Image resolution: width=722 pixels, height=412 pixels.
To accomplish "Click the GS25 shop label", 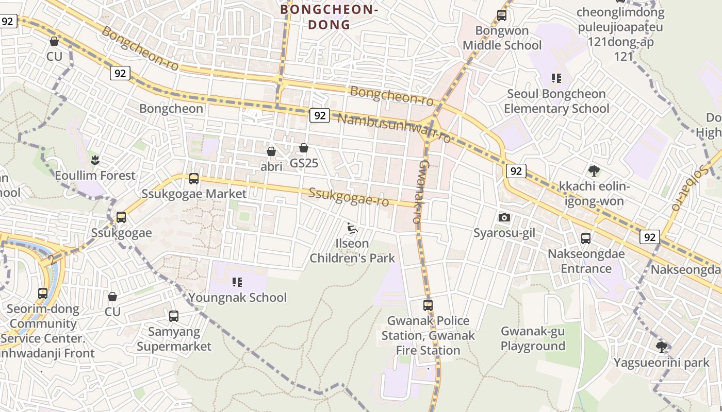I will click(304, 163).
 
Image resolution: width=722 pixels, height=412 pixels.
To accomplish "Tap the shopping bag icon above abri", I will click(271, 151).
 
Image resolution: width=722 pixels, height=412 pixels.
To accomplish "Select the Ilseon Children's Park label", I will click(352, 251).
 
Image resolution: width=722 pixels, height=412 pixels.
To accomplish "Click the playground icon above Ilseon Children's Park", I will click(353, 228).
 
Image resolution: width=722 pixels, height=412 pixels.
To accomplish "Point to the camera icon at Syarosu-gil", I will click(504, 218).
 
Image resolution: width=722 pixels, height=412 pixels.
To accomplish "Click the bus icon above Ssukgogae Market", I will click(194, 179).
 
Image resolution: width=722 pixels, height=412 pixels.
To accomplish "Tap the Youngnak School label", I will click(237, 298).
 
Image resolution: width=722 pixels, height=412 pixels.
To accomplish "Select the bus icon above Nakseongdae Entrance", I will click(586, 238).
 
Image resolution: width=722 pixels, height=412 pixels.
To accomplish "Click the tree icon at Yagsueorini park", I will click(661, 347).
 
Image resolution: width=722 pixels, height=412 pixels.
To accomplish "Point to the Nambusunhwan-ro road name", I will click(394, 128).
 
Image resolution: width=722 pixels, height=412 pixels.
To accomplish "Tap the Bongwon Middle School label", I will click(502, 38).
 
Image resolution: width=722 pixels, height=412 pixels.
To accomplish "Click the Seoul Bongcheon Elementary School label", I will click(556, 101).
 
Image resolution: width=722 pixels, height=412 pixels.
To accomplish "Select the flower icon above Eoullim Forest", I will click(95, 160).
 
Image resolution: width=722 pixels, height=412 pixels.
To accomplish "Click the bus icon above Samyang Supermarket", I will click(174, 316).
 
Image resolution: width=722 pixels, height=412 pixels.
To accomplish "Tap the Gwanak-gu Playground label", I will click(533, 338).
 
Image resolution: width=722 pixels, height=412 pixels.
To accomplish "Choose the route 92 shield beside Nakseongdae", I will click(649, 237).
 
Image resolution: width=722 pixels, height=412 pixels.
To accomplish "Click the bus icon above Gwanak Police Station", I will click(428, 305).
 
